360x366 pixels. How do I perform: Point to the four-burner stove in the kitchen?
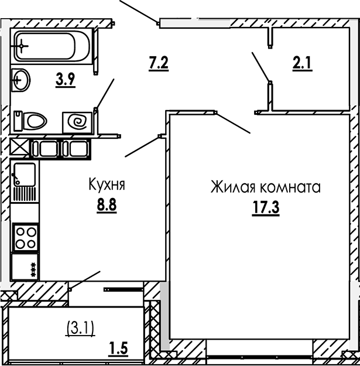click(x=24, y=237)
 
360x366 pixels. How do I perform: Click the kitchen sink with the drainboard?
click(x=24, y=182)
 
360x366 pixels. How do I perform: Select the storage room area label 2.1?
click(x=302, y=63)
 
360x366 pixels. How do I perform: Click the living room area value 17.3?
click(x=266, y=208)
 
